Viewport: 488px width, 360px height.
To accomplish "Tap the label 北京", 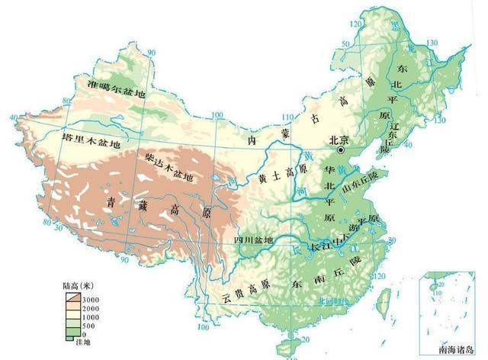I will coord(337,140).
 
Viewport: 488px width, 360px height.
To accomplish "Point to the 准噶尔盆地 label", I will coord(115,85).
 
